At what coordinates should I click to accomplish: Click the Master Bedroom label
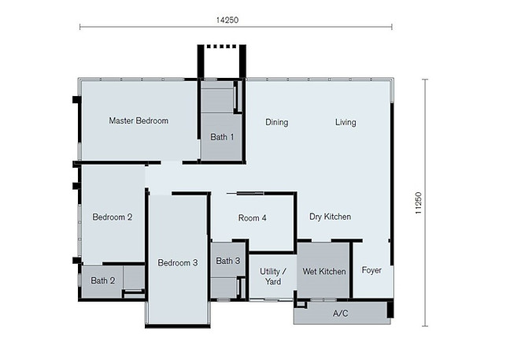[139, 121]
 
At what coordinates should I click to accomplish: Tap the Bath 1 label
[222, 137]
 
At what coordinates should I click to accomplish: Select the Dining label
[276, 122]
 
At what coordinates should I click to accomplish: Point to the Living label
[345, 122]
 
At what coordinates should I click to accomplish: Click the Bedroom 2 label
[112, 217]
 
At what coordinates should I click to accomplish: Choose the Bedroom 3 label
[177, 263]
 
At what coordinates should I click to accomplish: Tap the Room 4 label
[253, 218]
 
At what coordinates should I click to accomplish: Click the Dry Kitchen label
[330, 217]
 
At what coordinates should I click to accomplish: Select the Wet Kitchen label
[323, 272]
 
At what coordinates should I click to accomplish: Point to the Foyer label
[371, 271]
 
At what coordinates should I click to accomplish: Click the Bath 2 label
[103, 280]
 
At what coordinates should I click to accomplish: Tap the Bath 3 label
[228, 262]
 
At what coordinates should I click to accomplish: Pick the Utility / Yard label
[272, 276]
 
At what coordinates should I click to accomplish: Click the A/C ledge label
[341, 314]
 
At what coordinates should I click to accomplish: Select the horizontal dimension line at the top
[157, 28]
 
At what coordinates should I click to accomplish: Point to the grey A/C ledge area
[315, 314]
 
